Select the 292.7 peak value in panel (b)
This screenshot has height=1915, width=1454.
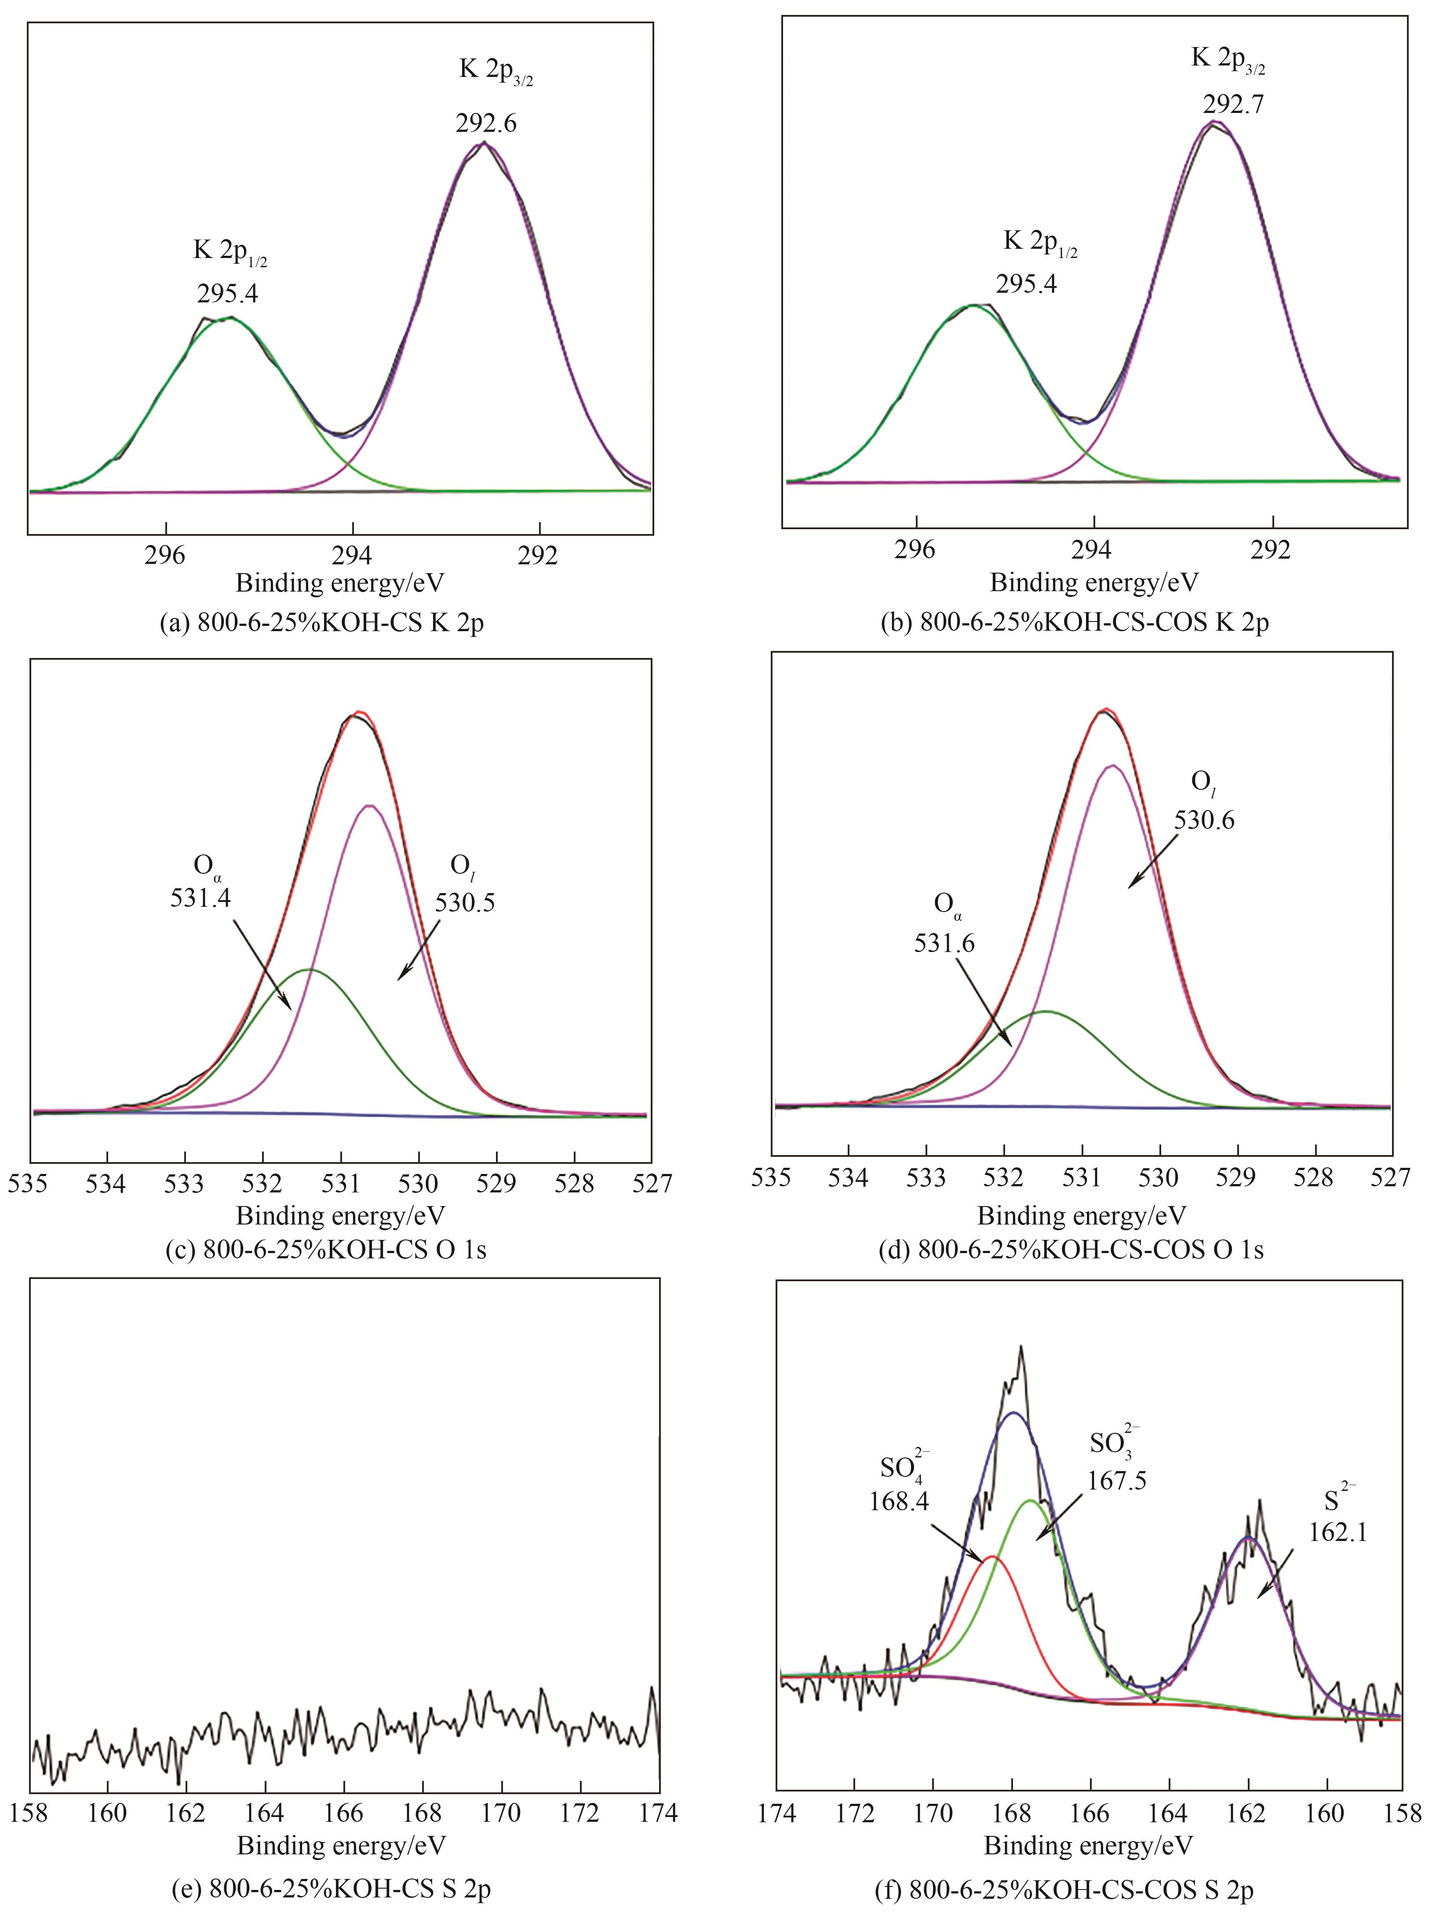1233,105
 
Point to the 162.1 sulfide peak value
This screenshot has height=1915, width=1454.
1338,1532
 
